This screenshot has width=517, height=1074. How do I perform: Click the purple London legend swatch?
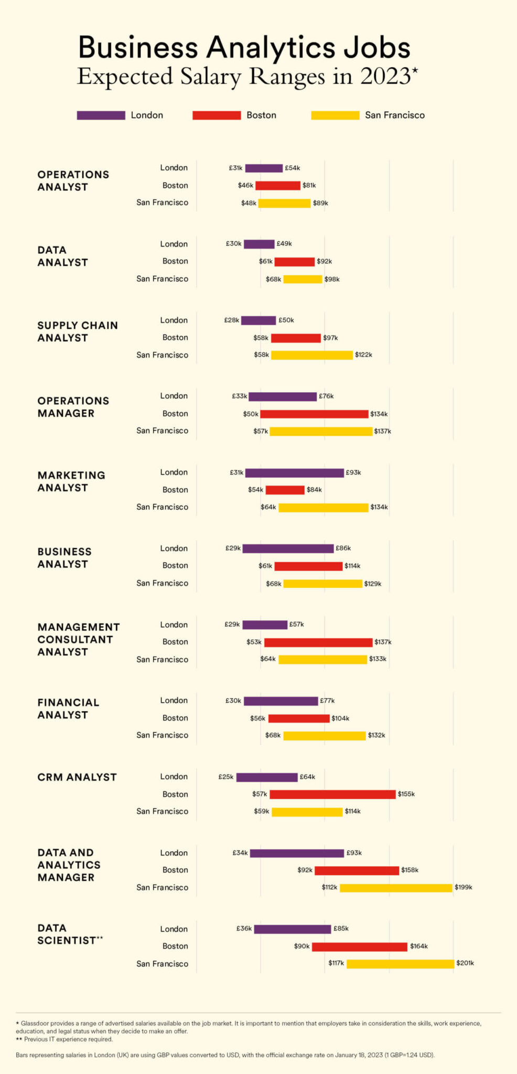[x=101, y=115]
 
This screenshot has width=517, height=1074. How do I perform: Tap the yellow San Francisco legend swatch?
[x=335, y=115]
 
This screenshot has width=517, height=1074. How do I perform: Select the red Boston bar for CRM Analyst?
[x=332, y=794]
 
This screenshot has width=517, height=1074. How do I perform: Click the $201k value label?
[x=465, y=963]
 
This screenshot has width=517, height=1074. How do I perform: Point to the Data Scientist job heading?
[x=69, y=935]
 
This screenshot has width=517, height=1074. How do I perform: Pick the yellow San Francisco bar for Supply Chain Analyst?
[x=311, y=355]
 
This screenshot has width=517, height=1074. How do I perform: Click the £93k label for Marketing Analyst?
[x=353, y=472]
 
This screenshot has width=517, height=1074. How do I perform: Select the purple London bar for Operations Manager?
[x=283, y=396]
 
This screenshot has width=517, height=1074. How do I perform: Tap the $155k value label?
[x=406, y=794]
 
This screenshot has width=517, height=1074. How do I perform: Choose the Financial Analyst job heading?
[x=68, y=708]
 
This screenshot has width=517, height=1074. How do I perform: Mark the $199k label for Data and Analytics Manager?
[x=464, y=887]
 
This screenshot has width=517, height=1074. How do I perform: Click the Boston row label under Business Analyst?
[x=175, y=565]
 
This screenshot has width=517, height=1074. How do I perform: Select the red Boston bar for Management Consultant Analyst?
[x=318, y=642]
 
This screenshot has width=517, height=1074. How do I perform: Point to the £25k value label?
[x=226, y=777]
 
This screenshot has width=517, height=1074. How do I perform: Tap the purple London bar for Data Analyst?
[x=259, y=244]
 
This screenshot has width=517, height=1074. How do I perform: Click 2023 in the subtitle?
[x=385, y=77]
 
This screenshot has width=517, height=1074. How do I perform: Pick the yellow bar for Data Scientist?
[x=400, y=964]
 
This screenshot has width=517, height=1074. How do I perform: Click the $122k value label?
[x=363, y=355]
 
